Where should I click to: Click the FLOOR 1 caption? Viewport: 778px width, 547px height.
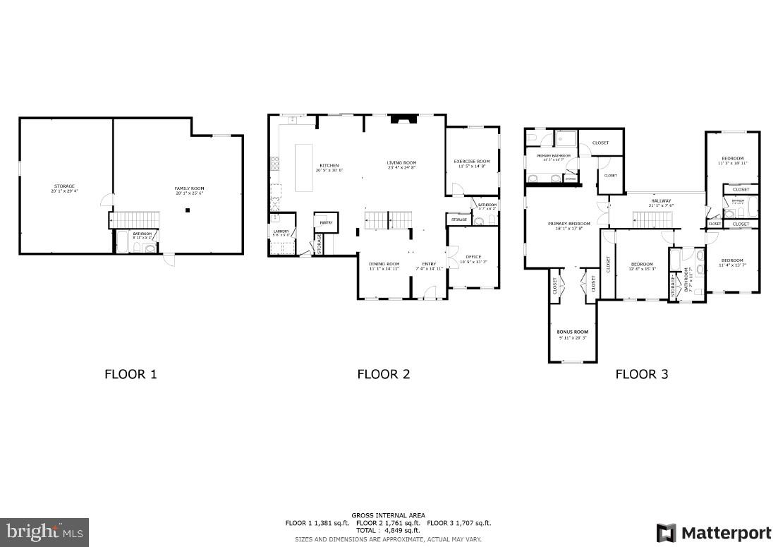(x=130, y=374)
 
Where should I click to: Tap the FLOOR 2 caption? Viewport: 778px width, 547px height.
(x=383, y=374)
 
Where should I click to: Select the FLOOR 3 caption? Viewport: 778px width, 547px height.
(x=641, y=374)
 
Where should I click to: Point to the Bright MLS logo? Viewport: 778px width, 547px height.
(x=44, y=531)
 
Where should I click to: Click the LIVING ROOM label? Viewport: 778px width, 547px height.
(x=401, y=164)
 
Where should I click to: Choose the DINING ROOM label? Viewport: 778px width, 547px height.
(x=384, y=266)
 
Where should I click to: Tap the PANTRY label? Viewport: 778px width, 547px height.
(x=326, y=222)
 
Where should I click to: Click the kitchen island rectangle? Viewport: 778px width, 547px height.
(x=303, y=168)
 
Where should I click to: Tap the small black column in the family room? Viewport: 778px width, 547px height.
(x=188, y=210)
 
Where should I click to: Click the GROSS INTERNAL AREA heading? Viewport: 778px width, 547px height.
(x=388, y=515)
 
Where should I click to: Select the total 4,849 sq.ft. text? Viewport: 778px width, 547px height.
(x=388, y=530)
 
